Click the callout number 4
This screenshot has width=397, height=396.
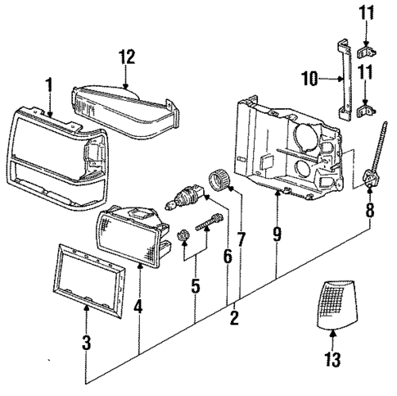click(139, 308)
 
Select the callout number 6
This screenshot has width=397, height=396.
click(227, 257)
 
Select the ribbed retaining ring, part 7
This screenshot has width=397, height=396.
click(219, 180)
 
